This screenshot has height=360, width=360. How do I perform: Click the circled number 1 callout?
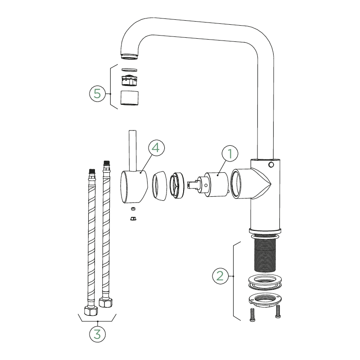point(230,153)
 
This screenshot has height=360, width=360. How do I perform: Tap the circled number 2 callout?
point(220,275)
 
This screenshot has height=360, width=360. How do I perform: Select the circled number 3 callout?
point(97,334)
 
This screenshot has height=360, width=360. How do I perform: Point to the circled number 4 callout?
point(156,148)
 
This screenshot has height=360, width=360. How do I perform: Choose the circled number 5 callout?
point(97,94)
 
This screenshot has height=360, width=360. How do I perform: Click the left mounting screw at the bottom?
point(252,315)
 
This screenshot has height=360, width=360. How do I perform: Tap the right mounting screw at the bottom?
point(278,311)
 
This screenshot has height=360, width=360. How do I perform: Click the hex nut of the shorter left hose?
point(91,310)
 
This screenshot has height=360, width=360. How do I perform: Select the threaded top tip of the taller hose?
point(106,162)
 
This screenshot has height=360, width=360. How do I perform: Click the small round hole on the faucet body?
point(271,165)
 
